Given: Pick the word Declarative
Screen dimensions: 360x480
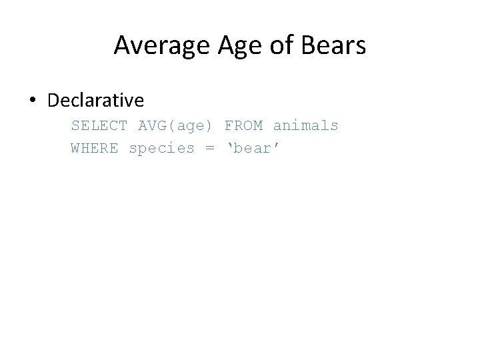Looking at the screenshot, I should coord(95,101).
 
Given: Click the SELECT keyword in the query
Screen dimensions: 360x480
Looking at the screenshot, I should coord(99,125).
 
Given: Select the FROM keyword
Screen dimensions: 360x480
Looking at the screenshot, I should coord(243,125).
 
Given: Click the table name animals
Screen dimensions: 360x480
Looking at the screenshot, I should coord(305,125).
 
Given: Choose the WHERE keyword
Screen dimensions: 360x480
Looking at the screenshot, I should coord(95,148).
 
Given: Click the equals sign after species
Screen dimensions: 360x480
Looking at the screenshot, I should coord(210,149).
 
